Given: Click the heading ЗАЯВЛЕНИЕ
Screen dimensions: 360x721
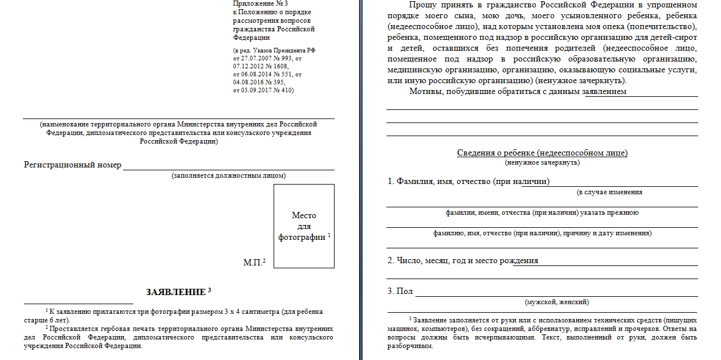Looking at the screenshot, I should coord(175,292).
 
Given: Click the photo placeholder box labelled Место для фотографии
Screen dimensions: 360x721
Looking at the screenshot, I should coord(304,226).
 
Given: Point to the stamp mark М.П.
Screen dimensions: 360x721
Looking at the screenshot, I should coord(253,263).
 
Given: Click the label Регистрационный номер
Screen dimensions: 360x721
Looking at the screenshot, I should coord(72,165).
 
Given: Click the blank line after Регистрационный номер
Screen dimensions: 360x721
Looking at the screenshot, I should coord(229,166).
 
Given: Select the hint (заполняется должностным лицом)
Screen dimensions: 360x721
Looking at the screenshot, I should coord(229,175).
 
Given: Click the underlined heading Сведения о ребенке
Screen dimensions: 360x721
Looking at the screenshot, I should coord(542,153).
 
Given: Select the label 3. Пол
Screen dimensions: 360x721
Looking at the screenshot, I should coord(400,291).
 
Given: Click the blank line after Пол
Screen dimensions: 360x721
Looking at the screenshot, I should coord(556,294).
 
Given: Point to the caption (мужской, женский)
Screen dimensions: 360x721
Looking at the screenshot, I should coord(557,302).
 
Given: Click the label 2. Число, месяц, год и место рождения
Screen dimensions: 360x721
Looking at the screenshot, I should coord(463,260).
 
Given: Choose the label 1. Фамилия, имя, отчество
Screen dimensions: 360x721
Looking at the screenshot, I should coord(469,181).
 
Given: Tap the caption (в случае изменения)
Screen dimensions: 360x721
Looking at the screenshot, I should coord(609,192).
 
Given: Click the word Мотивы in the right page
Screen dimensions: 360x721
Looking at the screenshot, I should coord(425,91).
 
